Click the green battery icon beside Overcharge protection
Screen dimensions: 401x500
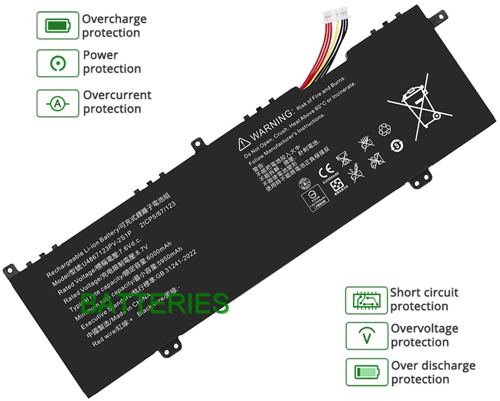pos(57,26)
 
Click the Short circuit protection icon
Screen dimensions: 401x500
pos(366,300)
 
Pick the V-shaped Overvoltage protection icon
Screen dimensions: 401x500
pos(366,336)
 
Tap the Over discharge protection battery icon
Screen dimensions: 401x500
pos(366,372)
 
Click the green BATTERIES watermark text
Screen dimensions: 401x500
pos(155,304)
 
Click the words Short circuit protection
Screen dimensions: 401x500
pos(425,300)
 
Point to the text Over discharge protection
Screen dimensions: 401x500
pos(433,372)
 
